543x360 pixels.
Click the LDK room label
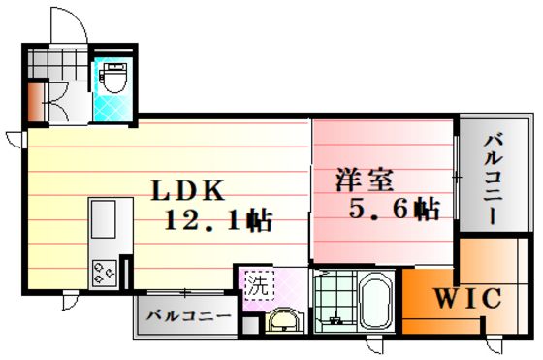tap(188, 190)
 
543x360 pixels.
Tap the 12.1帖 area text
tap(218, 220)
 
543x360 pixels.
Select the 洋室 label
tap(365, 180)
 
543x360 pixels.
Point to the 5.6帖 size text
tap(395, 209)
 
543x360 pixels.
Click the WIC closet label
tap(467, 298)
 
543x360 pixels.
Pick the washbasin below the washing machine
tap(285, 320)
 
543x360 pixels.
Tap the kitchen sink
tap(103, 219)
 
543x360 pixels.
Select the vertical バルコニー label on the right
tap(493, 180)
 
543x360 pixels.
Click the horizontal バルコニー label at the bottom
tap(189, 316)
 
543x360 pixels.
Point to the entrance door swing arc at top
tap(77, 21)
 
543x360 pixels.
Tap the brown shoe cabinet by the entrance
tap(35, 103)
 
